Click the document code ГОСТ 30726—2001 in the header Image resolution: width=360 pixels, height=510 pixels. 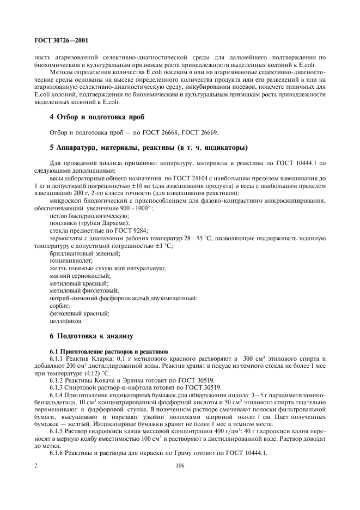pos(61,40)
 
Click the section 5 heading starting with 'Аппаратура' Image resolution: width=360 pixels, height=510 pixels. pos(148,147)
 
